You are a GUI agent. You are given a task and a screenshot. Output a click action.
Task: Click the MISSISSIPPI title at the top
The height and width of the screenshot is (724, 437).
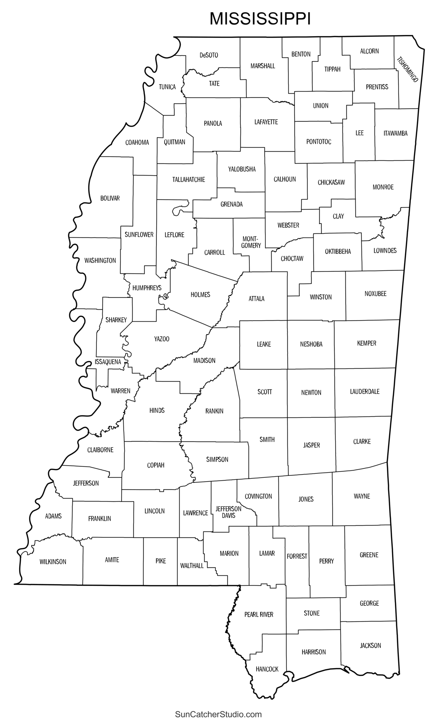click(x=260, y=19)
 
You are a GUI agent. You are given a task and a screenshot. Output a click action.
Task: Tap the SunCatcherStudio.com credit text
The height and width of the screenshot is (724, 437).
click(x=218, y=715)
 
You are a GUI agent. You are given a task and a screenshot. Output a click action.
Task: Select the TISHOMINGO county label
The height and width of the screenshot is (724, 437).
click(x=407, y=70)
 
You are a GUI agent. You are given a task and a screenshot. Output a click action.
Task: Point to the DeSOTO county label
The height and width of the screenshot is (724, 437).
click(x=209, y=55)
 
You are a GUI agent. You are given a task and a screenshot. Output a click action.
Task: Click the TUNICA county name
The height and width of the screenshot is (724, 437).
click(x=167, y=87)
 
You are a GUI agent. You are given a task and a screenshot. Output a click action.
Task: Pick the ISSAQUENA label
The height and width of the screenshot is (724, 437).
click(x=108, y=362)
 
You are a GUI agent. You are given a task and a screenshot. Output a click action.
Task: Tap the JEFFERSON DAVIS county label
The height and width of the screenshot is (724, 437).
click(x=228, y=512)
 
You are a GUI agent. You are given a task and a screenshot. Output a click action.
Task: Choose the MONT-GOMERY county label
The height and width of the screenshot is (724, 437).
click(x=251, y=242)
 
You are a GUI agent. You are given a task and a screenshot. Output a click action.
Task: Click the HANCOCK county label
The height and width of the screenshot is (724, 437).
click(x=267, y=669)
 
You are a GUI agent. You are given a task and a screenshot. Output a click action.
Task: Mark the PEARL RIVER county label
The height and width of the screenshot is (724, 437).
click(x=259, y=614)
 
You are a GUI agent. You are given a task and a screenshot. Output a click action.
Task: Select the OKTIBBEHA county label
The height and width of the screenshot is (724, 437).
click(x=338, y=251)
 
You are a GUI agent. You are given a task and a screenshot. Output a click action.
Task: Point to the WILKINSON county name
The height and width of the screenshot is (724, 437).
click(x=53, y=562)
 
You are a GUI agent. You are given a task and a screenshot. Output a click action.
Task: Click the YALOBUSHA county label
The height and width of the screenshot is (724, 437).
click(x=242, y=169)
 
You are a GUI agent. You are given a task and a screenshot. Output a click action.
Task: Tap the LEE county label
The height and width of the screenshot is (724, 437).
click(x=359, y=133)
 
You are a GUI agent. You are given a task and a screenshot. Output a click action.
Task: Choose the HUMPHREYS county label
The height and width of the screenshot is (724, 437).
click(x=147, y=288)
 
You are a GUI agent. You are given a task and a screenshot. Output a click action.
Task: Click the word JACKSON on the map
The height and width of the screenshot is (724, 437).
click(x=370, y=645)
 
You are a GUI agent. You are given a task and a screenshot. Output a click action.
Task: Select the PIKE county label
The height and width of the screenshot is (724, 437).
click(x=161, y=561)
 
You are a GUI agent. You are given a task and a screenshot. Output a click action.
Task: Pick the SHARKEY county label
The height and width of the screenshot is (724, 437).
click(x=116, y=320)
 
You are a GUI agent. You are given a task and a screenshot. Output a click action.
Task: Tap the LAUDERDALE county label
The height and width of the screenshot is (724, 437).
click(x=365, y=391)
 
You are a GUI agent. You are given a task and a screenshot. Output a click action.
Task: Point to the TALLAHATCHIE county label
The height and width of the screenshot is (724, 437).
click(x=188, y=180)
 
